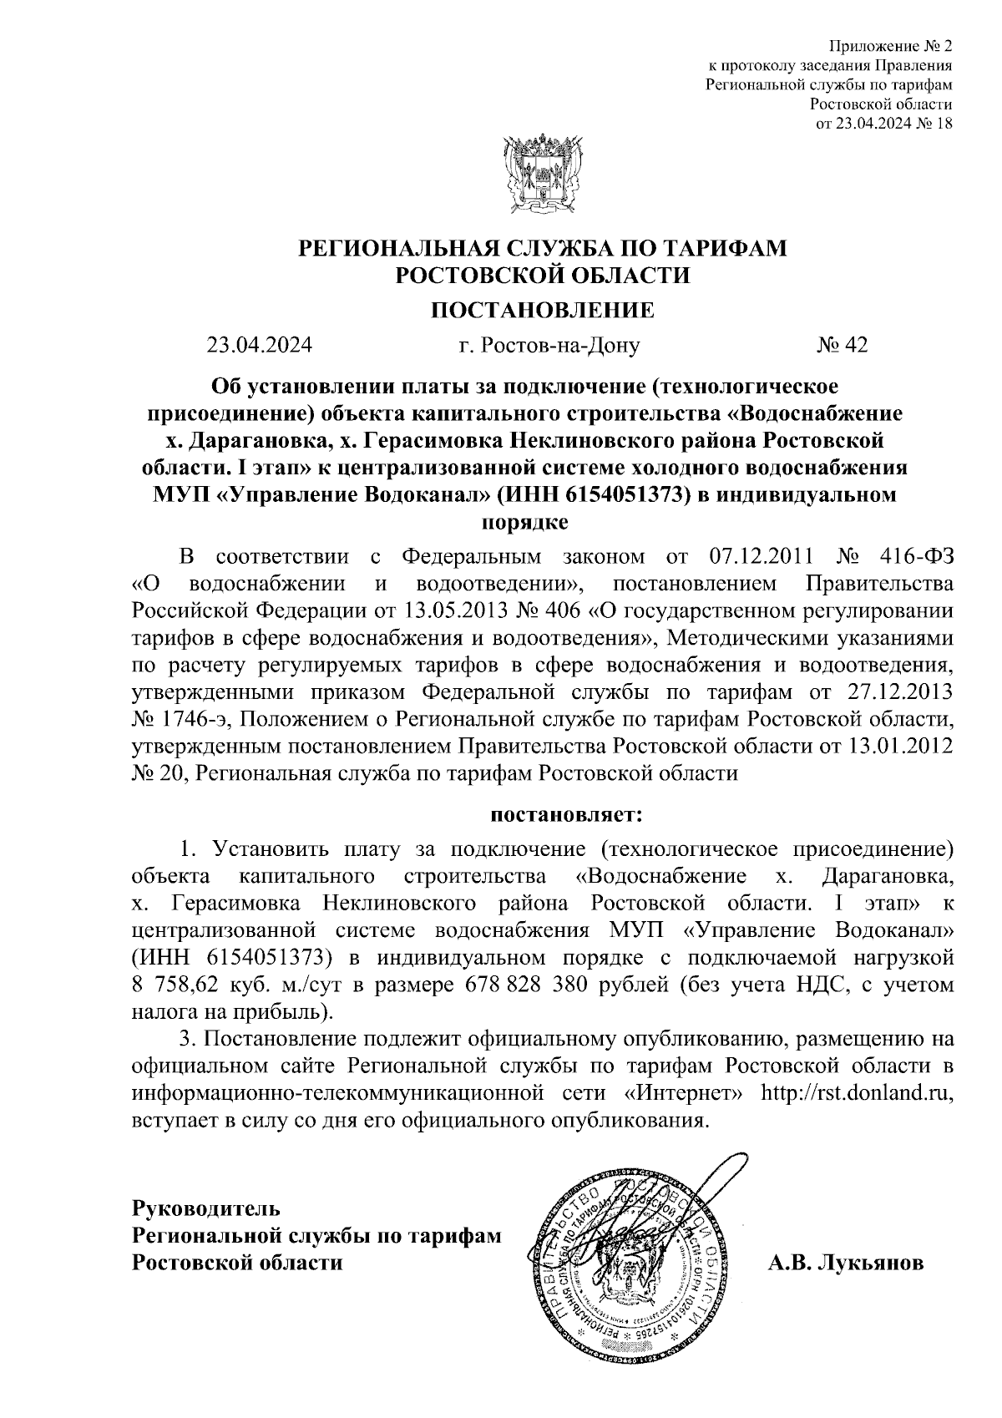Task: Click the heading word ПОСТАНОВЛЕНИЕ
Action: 542,311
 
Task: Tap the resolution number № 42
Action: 841,345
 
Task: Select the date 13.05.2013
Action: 464,610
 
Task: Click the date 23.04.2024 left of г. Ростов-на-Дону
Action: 260,345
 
